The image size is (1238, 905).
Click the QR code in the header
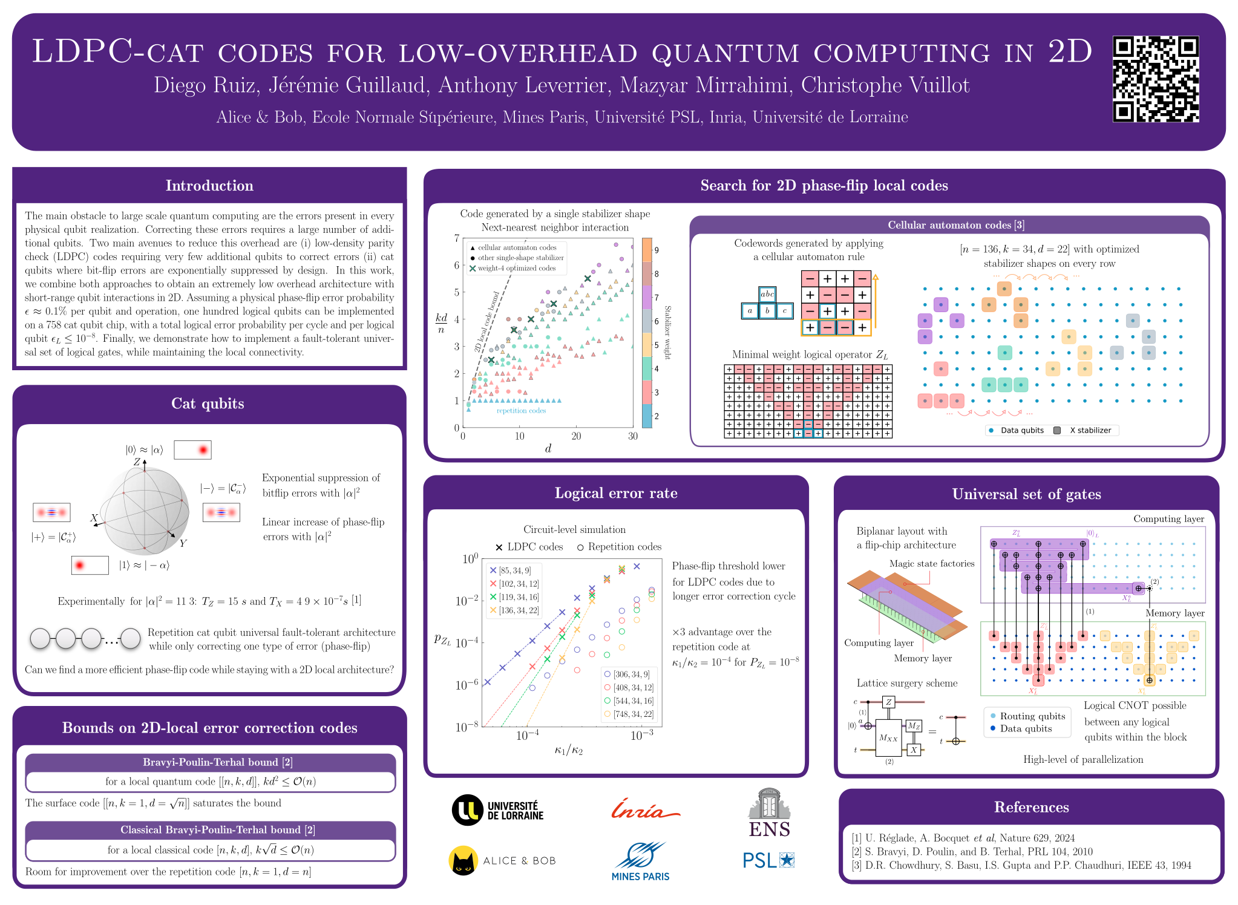[1156, 79]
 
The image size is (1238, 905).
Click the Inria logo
[645, 809]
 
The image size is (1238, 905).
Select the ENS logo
[769, 813]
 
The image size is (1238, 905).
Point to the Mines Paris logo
[640, 861]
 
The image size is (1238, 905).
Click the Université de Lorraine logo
[497, 810]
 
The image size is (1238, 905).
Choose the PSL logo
[768, 860]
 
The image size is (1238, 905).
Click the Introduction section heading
[209, 186]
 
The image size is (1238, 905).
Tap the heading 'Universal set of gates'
[1026, 494]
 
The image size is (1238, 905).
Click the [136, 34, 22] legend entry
[513, 610]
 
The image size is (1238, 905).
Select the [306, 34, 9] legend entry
[627, 674]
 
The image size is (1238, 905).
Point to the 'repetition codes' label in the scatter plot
[521, 411]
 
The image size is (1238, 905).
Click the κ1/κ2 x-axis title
[569, 751]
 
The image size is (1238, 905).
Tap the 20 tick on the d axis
[577, 436]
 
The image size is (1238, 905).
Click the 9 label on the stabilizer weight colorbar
[657, 250]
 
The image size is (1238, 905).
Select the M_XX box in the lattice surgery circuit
[888, 737]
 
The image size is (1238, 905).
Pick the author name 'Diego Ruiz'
[206, 85]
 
